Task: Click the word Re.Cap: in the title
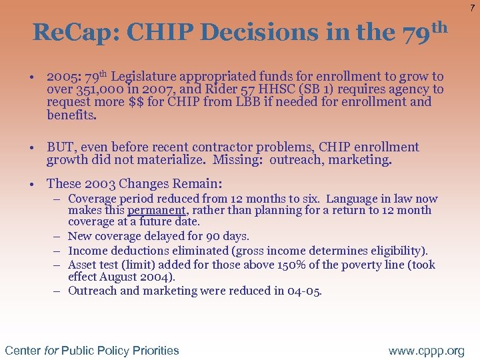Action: [69, 32]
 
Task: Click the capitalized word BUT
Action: [59, 147]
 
